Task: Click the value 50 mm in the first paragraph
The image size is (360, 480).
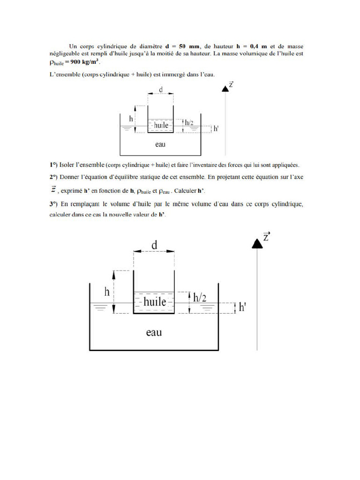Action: pos(187,46)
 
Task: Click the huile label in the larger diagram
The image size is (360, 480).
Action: pos(155,302)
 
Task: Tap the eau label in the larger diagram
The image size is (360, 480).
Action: pos(154,332)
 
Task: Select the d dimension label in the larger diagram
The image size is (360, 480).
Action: pos(154,245)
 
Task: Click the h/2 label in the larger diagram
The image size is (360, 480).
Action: pos(200,298)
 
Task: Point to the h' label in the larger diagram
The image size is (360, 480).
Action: pos(242,307)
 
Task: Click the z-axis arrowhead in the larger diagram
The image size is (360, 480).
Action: pos(257,243)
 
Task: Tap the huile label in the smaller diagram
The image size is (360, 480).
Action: pos(161,125)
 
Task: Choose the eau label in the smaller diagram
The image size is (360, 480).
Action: pos(160,144)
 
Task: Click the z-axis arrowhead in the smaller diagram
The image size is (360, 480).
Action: pos(225,89)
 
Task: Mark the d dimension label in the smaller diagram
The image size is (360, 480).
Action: pos(161,89)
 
